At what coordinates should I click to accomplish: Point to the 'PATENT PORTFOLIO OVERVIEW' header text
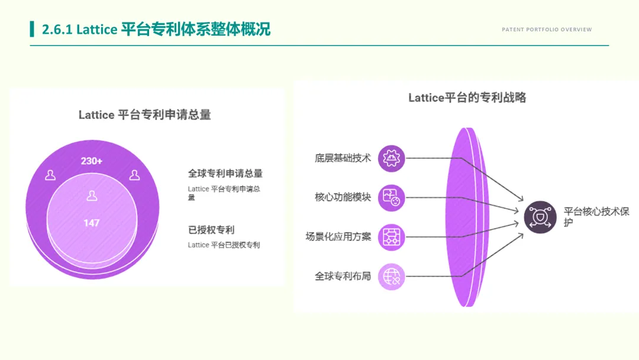[x=547, y=30]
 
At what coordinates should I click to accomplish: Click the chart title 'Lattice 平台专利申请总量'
[x=145, y=115]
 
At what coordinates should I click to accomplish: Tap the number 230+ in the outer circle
[x=92, y=161]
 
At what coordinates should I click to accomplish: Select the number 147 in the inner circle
[x=92, y=223]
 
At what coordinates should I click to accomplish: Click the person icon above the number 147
[x=92, y=195]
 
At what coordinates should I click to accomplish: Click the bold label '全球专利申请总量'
[x=225, y=173]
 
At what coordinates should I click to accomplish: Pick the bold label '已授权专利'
[x=211, y=230]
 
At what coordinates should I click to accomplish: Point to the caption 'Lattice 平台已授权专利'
[x=224, y=245]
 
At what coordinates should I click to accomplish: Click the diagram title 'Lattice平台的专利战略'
[x=467, y=98]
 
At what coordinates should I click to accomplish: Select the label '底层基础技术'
[x=343, y=158]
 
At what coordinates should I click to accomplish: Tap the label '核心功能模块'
[x=343, y=197]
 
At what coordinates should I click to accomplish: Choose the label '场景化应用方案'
[x=338, y=237]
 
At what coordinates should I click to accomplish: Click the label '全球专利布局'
[x=343, y=276]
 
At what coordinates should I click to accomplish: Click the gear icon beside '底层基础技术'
[x=392, y=158]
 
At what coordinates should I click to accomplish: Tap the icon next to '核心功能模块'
[x=392, y=198]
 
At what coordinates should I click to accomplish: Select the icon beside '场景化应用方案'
[x=392, y=237]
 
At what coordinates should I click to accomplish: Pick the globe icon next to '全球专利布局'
[x=392, y=277]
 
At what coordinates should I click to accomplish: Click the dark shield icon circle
[x=540, y=217]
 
